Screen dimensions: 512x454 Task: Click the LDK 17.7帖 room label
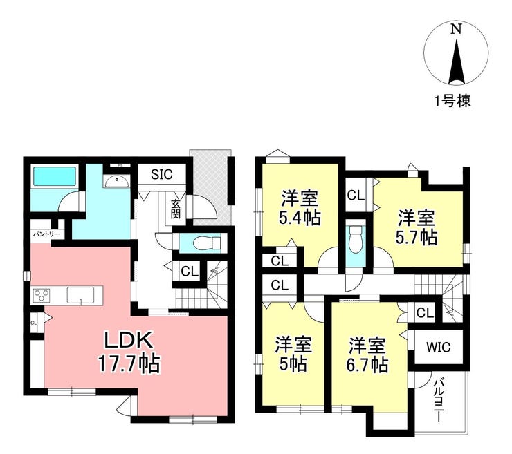(x=129, y=352)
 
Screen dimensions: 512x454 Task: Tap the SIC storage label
(x=162, y=175)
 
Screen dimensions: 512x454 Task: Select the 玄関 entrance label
(x=175, y=209)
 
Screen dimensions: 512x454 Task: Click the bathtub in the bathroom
(x=55, y=176)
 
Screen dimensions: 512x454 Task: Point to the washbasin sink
(x=116, y=180)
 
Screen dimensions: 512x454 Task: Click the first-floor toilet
(x=207, y=243)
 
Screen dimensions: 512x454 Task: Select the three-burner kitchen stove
(x=42, y=295)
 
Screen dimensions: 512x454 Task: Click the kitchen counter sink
(x=81, y=295)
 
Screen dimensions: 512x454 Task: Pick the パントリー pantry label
(x=46, y=234)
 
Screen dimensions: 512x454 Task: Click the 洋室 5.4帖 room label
(x=300, y=208)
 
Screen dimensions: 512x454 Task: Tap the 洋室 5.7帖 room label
(x=416, y=227)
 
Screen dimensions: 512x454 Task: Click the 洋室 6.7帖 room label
(x=367, y=354)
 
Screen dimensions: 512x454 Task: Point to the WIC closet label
(x=438, y=348)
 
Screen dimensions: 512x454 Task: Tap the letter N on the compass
(x=456, y=29)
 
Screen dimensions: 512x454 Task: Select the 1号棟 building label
(x=452, y=102)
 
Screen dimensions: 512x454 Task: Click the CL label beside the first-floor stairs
(x=190, y=271)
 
